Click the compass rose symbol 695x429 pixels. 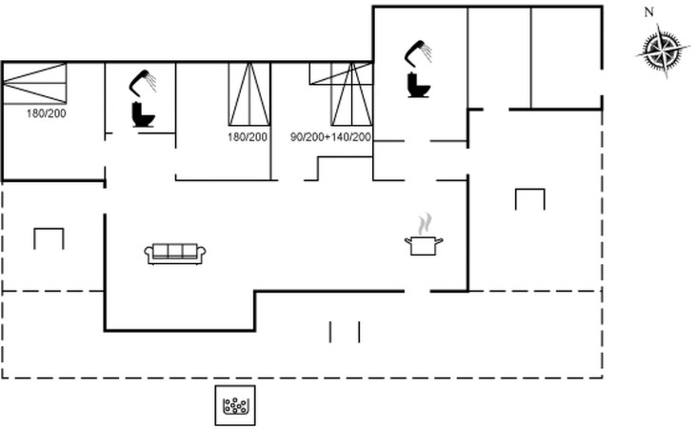663,50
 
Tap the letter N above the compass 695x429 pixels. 649,12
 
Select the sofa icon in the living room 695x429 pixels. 175,253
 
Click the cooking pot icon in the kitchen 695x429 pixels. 422,245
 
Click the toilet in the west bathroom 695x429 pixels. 143,115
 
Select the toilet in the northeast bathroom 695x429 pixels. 419,85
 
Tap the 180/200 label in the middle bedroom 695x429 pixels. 248,137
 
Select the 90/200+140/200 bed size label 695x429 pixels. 330,137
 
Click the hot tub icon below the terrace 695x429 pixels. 234,407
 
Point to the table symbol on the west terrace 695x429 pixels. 49,237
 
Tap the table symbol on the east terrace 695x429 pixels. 529,198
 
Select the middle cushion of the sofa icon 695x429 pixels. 175,250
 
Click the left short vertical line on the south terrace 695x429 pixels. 330,332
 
